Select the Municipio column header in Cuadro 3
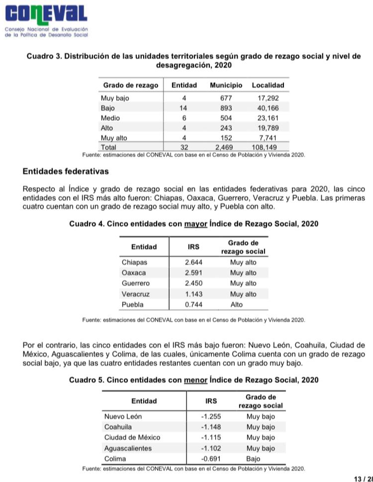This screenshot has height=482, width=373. point(226,85)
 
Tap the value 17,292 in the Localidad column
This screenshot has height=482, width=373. point(268,98)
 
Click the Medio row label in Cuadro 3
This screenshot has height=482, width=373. point(110,118)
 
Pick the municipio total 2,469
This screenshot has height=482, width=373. point(224,147)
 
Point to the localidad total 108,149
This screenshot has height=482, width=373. point(264,147)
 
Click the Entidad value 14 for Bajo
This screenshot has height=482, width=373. point(184,108)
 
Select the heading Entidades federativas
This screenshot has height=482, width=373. point(66,172)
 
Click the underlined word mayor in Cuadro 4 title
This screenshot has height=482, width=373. point(195,224)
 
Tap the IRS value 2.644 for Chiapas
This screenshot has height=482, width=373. point(193,262)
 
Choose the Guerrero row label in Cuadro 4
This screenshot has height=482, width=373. point(135,283)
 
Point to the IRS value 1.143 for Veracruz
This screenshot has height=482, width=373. point(193,294)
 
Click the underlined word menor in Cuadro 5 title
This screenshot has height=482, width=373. point(195,380)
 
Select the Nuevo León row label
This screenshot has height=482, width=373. point(123,416)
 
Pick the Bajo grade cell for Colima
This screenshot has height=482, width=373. point(253,459)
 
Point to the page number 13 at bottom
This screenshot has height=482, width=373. point(358,479)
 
